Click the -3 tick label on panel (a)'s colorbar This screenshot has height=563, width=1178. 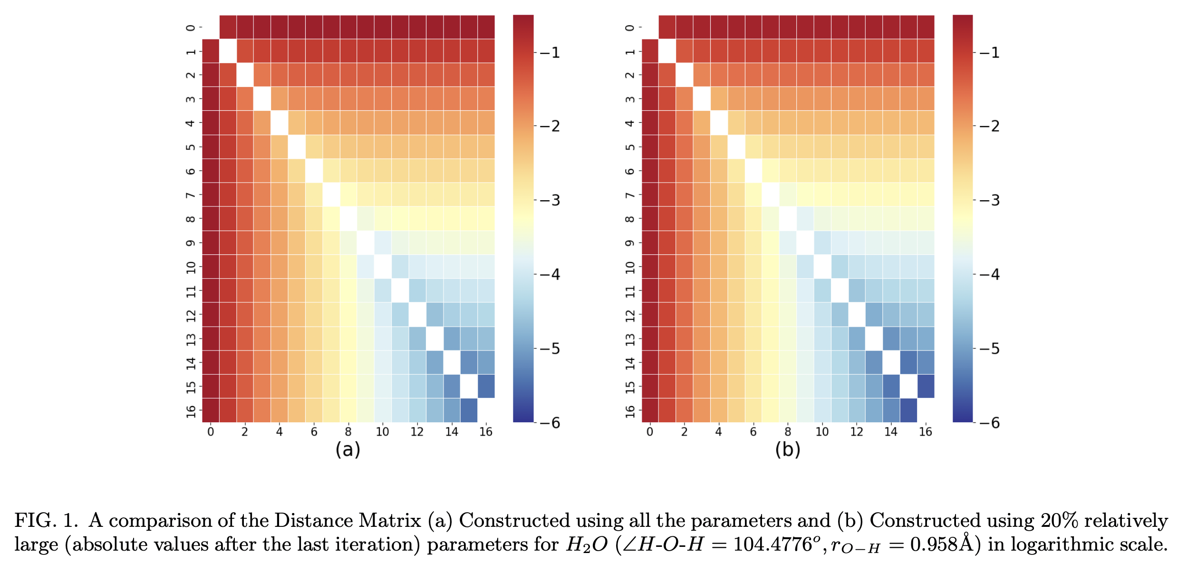click(x=550, y=200)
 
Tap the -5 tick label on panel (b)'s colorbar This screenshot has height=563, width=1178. click(x=990, y=349)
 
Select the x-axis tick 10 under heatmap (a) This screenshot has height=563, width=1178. click(x=382, y=432)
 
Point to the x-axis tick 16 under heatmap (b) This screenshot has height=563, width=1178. click(x=925, y=432)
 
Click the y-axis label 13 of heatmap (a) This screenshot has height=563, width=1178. click(x=191, y=339)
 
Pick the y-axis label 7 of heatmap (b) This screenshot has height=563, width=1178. click(x=630, y=195)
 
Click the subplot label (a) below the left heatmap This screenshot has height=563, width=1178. click(x=348, y=449)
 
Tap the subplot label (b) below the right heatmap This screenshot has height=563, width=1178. click(x=788, y=449)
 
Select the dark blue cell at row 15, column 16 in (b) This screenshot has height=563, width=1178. click(x=926, y=386)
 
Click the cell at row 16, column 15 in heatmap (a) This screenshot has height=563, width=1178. click(x=468, y=410)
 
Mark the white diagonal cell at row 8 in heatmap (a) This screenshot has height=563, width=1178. click(x=348, y=219)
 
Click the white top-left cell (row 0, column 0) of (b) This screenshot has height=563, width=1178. click(x=650, y=27)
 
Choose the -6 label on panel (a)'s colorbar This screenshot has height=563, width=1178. click(x=550, y=422)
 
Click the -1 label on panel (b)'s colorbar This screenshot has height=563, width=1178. click(x=990, y=52)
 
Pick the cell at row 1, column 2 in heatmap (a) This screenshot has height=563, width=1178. click(x=245, y=51)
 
